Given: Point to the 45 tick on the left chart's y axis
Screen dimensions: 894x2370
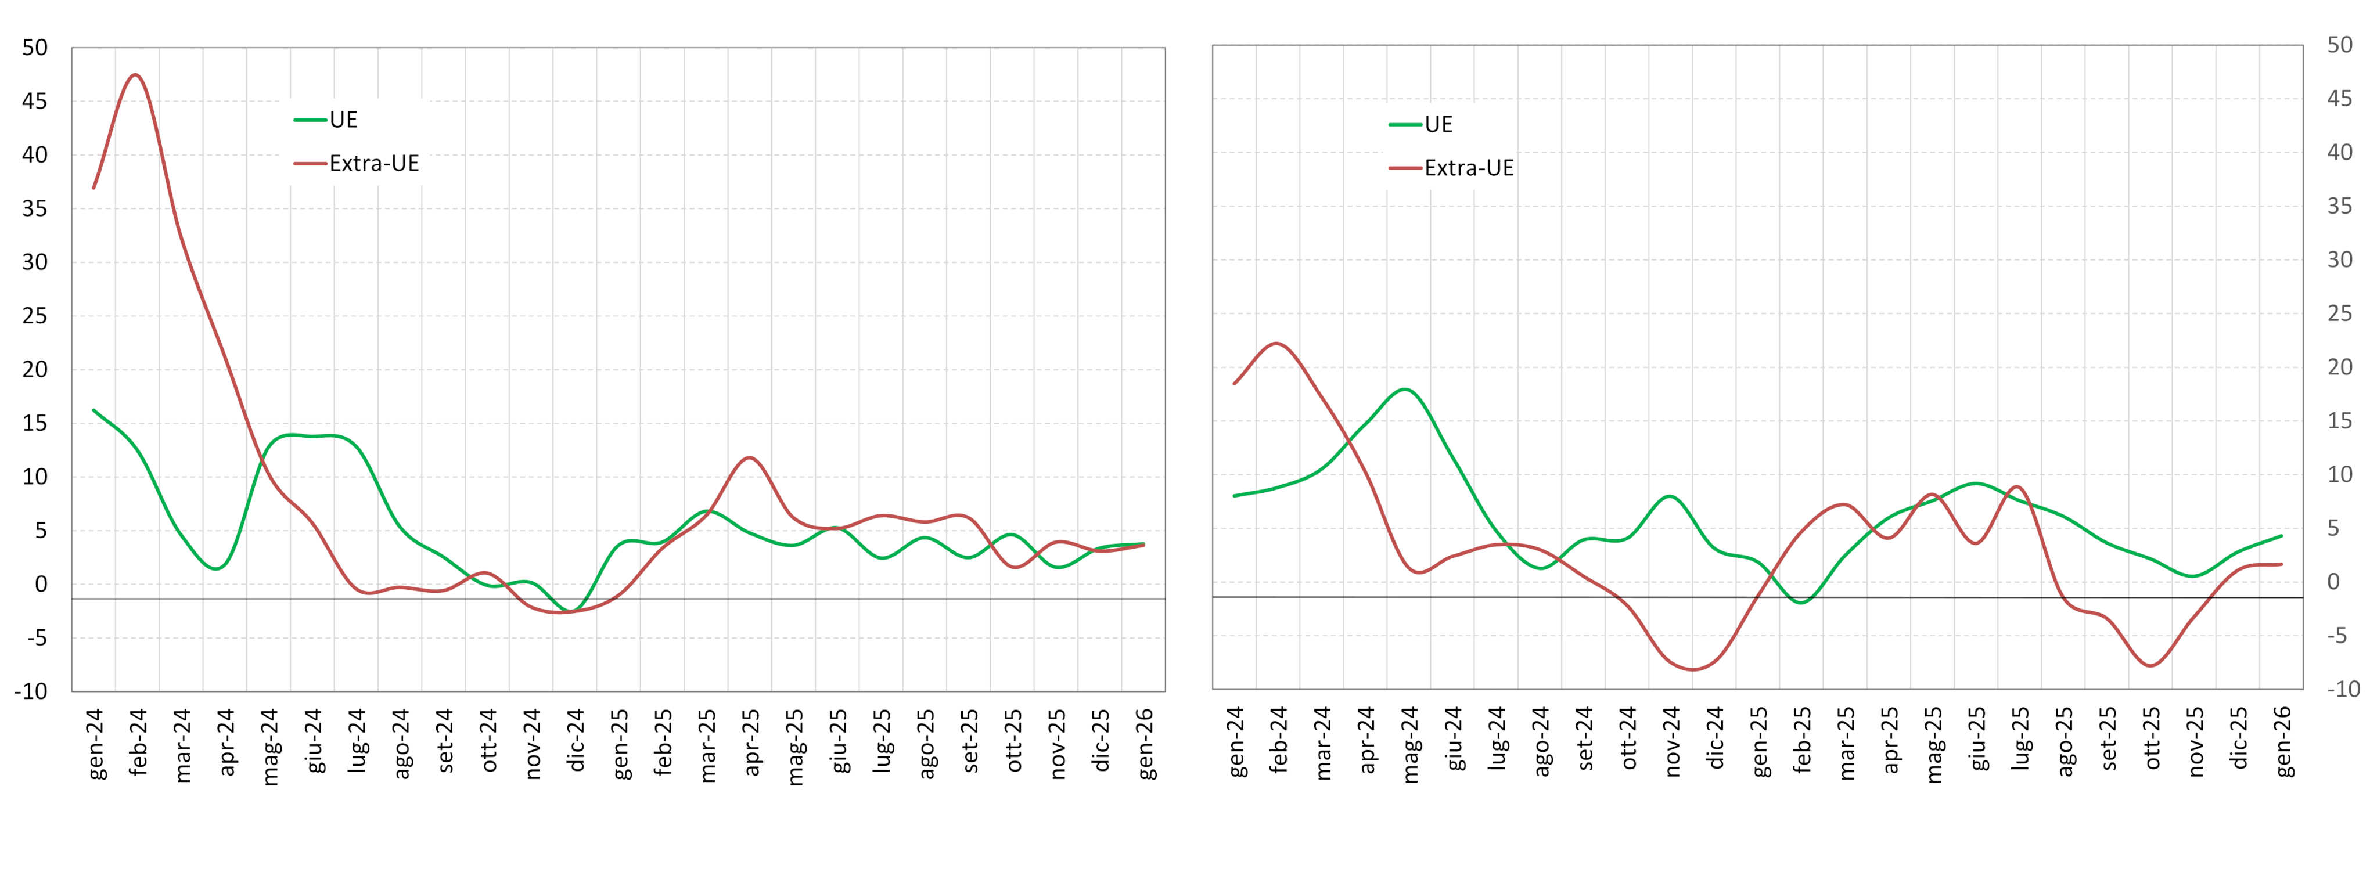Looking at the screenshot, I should point(34,101).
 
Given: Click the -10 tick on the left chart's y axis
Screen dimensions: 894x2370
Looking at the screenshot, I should point(30,691).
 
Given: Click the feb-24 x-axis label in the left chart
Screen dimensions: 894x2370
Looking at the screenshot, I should point(138,743).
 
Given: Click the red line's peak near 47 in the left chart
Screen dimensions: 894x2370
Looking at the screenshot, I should point(135,74).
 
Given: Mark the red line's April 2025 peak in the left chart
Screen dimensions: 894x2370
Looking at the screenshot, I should point(750,457).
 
